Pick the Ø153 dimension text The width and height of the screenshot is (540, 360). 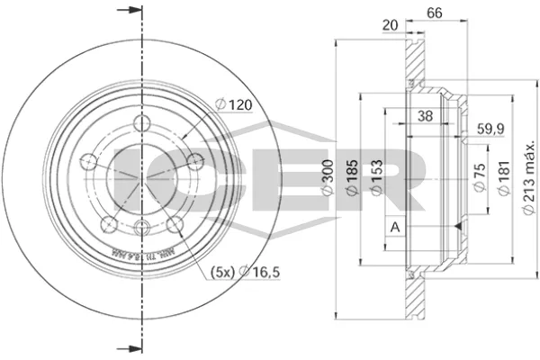click(380, 184)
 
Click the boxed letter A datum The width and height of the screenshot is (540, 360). click(394, 226)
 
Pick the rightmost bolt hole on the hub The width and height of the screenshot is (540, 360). click(193, 162)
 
